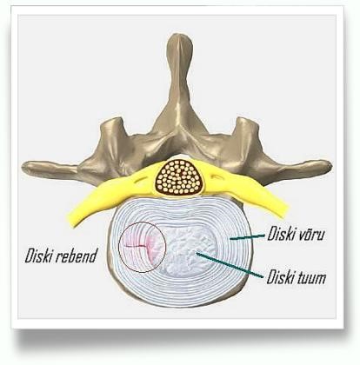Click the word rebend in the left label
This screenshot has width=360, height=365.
[77, 256]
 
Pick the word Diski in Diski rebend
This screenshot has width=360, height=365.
[40, 255]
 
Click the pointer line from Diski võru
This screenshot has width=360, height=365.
[247, 237]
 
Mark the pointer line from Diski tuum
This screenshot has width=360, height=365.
[230, 264]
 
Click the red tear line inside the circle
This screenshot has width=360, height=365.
[137, 247]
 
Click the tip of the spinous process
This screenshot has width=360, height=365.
[181, 36]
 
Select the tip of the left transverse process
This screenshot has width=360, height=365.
[24, 167]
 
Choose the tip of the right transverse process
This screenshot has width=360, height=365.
[330, 166]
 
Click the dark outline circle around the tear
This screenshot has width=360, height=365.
[118, 247]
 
